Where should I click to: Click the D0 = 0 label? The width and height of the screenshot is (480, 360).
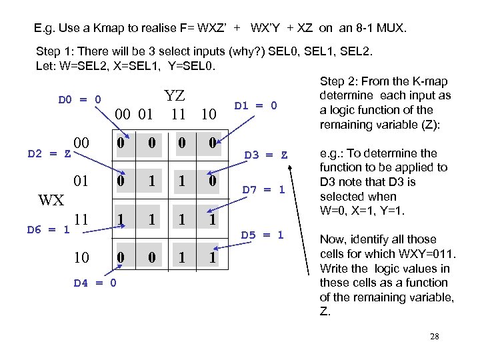(x=79, y=100)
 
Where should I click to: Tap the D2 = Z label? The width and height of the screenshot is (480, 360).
(x=48, y=155)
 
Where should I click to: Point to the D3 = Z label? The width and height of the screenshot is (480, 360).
(x=265, y=155)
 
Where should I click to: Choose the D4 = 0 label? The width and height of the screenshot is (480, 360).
(x=95, y=283)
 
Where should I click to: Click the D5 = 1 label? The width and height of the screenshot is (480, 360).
(x=262, y=235)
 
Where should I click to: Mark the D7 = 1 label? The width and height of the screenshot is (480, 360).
(x=263, y=189)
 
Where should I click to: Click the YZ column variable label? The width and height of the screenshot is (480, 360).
(x=174, y=95)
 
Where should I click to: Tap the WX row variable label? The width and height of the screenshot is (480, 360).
(x=51, y=199)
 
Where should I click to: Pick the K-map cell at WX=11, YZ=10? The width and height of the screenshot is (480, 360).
(x=211, y=219)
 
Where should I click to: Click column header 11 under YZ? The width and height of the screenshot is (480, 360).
(x=178, y=114)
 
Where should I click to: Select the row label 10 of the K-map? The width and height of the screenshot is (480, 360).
(x=82, y=257)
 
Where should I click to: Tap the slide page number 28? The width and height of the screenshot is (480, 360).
(x=434, y=337)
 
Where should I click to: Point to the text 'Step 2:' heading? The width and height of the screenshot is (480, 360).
(x=339, y=81)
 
